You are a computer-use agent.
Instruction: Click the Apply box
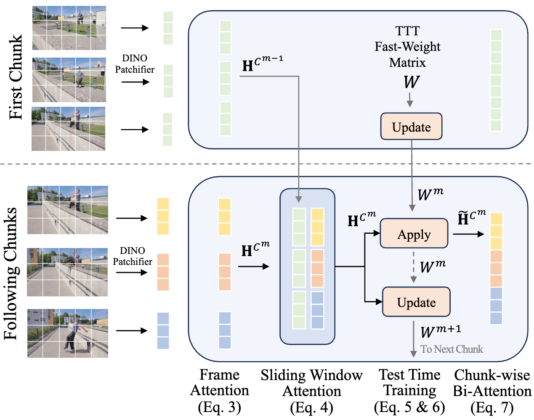pyautogui.click(x=414, y=234)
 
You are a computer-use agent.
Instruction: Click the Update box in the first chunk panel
pyautogui.click(x=411, y=127)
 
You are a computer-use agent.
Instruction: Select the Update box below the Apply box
pyautogui.click(x=416, y=302)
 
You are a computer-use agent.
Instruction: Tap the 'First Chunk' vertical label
pyautogui.click(x=16, y=77)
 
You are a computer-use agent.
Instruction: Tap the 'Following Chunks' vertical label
pyautogui.click(x=11, y=273)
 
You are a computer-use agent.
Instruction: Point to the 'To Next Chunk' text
pyautogui.click(x=452, y=349)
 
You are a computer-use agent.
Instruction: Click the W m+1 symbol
pyautogui.click(x=440, y=331)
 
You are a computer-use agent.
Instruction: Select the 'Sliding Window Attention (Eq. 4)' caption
pyautogui.click(x=311, y=391)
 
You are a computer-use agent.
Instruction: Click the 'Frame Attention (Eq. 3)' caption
pyautogui.click(x=220, y=391)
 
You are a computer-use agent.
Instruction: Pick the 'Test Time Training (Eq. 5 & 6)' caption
pyautogui.click(x=409, y=391)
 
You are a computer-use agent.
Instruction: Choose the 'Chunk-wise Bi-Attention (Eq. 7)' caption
pyautogui.click(x=492, y=391)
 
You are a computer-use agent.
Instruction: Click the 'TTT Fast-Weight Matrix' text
pyautogui.click(x=407, y=47)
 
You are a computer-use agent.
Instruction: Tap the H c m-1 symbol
pyautogui.click(x=262, y=64)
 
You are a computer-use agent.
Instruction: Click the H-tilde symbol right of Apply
pyautogui.click(x=471, y=218)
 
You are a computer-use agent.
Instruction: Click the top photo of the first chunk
pyautogui.click(x=69, y=28)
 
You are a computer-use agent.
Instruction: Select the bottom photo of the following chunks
pyautogui.click(x=68, y=333)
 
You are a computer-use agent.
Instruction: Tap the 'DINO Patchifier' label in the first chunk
pyautogui.click(x=135, y=64)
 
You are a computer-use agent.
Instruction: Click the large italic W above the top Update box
pyautogui.click(x=411, y=82)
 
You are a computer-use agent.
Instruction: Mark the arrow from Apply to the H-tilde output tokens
pyautogui.click(x=468, y=234)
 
